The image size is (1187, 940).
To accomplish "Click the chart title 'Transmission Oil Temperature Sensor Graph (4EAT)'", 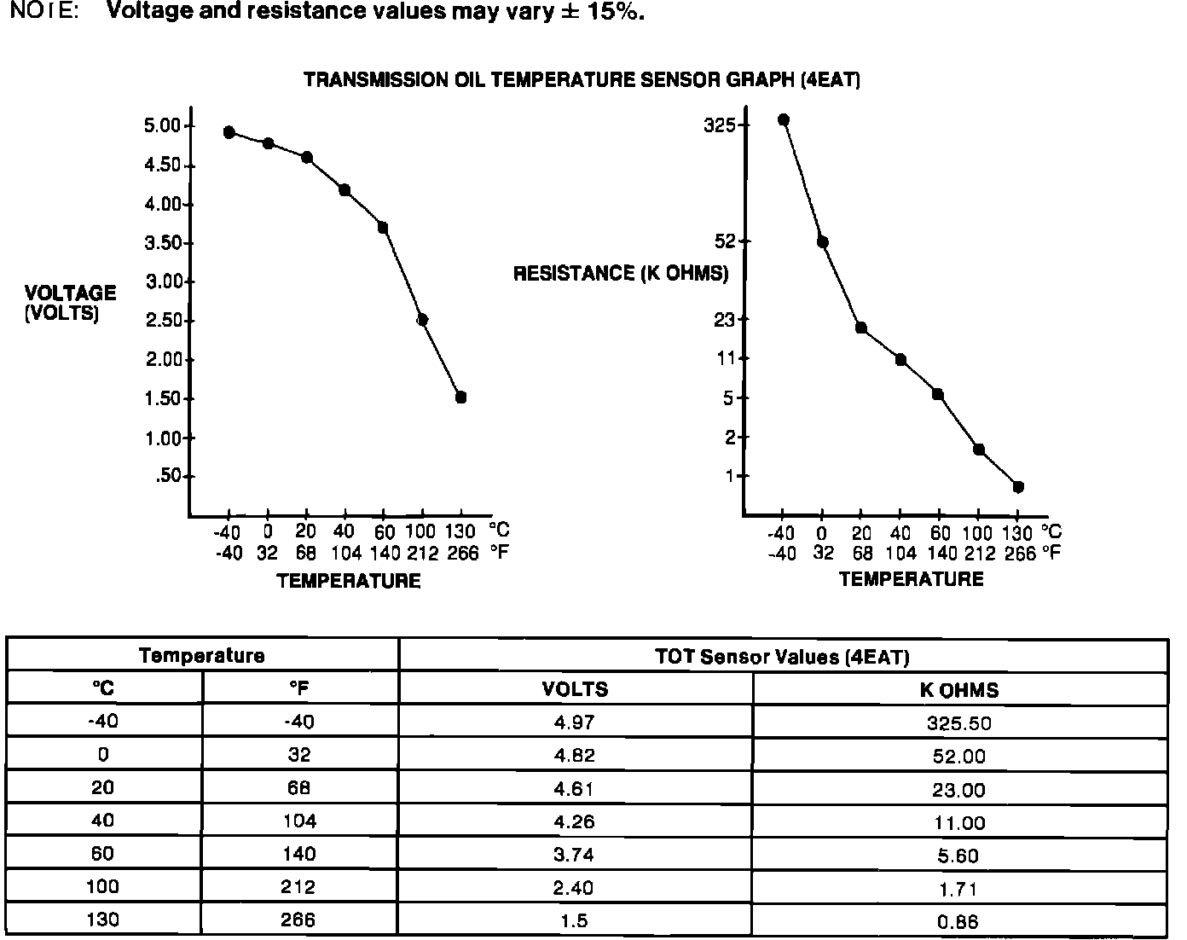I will pyautogui.click(x=582, y=80).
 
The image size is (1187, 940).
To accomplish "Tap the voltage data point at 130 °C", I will pyautogui.click(x=460, y=397).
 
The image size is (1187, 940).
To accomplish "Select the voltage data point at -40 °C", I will pyautogui.click(x=229, y=132).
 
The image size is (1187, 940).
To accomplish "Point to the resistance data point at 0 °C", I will pyautogui.click(x=822, y=242).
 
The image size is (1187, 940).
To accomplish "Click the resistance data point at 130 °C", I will pyautogui.click(x=1017, y=487).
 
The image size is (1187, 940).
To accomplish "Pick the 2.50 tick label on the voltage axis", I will pyautogui.click(x=165, y=321).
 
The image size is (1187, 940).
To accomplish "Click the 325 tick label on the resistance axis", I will pyautogui.click(x=720, y=125).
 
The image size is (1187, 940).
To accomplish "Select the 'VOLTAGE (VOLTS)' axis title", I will pyautogui.click(x=70, y=303).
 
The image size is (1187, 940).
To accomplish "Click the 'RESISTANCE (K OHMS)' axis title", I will pyautogui.click(x=621, y=273).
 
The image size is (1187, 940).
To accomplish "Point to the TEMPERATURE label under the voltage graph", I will pyautogui.click(x=349, y=581).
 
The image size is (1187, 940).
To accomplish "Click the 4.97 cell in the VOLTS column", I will pyautogui.click(x=574, y=722).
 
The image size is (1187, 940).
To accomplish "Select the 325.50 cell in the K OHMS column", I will pyautogui.click(x=959, y=723).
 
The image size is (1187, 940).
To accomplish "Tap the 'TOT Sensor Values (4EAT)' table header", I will pyautogui.click(x=782, y=657).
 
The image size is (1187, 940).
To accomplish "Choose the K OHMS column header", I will pyautogui.click(x=959, y=690).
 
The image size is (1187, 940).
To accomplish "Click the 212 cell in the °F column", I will pyautogui.click(x=298, y=887).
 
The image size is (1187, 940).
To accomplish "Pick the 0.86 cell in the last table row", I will pyautogui.click(x=959, y=921).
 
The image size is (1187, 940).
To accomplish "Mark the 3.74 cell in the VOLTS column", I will pyautogui.click(x=574, y=855).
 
